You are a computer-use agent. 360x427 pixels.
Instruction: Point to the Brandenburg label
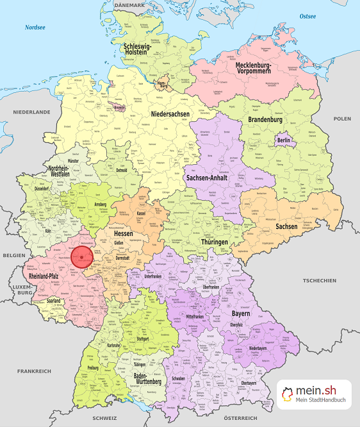(265, 120)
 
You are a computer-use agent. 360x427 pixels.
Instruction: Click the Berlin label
(284, 140)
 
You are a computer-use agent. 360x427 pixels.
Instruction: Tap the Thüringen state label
(215, 242)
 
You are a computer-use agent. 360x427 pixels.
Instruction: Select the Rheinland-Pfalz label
(47, 276)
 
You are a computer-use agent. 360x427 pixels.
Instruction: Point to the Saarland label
(54, 300)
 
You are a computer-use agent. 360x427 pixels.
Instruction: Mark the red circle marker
(82, 258)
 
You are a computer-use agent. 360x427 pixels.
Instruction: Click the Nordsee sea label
(35, 28)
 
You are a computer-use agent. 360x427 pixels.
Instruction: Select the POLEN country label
(342, 119)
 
